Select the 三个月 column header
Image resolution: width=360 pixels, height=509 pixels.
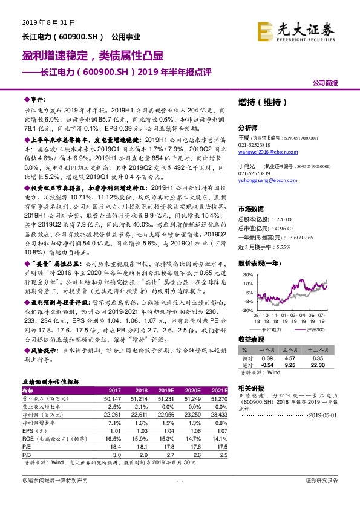(293, 350)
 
